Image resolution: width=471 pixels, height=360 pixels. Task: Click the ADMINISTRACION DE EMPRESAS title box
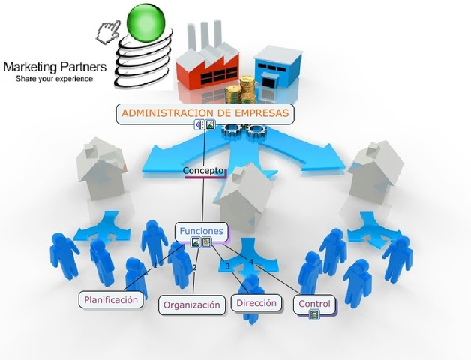coord(205,114)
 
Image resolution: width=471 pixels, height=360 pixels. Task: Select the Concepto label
coord(203,171)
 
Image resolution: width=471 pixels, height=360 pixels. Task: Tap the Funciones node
coord(200,231)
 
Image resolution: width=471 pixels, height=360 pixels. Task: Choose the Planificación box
coord(111,299)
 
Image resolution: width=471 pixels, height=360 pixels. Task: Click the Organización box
coord(192,304)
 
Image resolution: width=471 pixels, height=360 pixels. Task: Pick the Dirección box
coord(256,303)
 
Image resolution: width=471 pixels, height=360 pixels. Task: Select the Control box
coord(314,304)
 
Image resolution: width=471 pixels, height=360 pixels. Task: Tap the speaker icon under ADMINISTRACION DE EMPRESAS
coord(199,125)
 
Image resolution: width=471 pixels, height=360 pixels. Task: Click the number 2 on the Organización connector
coord(194,268)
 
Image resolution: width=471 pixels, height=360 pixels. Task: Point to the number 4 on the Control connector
coord(251,262)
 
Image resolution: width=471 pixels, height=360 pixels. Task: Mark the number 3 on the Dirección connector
coord(227,266)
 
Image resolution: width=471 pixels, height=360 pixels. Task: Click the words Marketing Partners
coord(55,66)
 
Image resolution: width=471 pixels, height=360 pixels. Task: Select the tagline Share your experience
coord(55,78)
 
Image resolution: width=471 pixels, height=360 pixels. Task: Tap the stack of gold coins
coord(238,94)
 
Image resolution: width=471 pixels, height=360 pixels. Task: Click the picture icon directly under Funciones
coord(196,242)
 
